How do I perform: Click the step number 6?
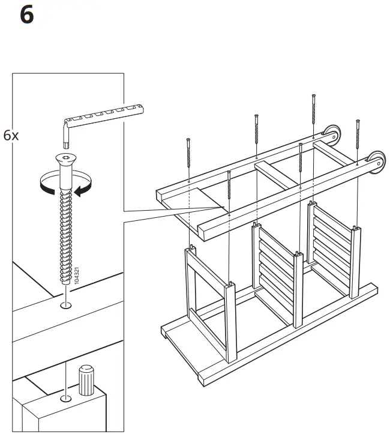tap(27, 15)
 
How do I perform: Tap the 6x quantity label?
tap(11, 135)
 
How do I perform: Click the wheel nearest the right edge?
tap(376, 161)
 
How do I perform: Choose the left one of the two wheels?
tap(329, 134)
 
